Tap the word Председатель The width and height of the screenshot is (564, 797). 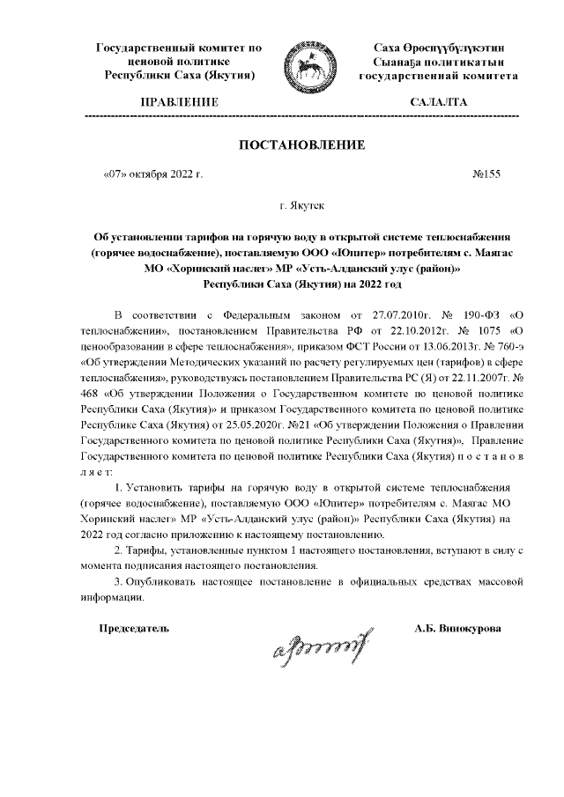click(x=132, y=629)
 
